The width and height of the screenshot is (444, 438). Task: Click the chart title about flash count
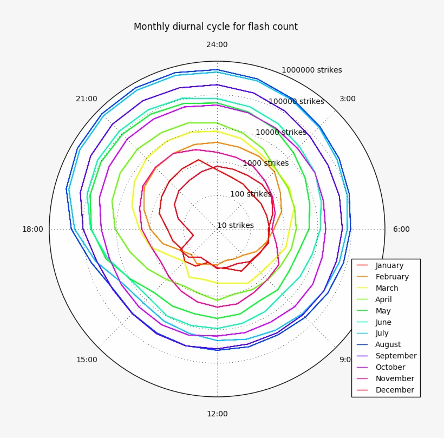coord(216,27)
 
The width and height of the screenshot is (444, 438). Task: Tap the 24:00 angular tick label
coord(217,45)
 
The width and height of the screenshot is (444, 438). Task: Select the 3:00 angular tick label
coord(347,99)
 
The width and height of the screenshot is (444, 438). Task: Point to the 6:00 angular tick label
coord(401,229)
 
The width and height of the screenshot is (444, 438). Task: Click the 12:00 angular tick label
coord(217,414)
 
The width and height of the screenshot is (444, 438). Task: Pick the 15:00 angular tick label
coord(87,359)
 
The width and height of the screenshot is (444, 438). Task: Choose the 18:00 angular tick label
coord(32,229)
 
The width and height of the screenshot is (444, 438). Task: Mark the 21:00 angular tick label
coord(87,99)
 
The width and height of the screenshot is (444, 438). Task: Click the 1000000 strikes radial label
coord(311,70)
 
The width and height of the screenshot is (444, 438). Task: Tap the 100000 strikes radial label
coord(296,101)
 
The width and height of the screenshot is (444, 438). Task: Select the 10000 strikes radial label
coord(280,132)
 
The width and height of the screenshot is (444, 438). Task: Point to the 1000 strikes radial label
coord(265,163)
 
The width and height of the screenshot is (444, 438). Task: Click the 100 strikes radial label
coord(250,194)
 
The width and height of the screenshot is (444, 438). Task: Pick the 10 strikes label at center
coord(235,225)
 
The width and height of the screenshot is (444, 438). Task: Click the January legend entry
coord(389,265)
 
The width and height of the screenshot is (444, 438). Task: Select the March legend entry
coord(387,288)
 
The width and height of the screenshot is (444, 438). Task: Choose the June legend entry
coord(383,322)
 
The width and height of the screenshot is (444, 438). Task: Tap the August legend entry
coord(388,344)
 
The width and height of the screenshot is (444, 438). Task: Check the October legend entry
coord(390,367)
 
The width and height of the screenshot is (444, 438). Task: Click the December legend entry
coord(394,390)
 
